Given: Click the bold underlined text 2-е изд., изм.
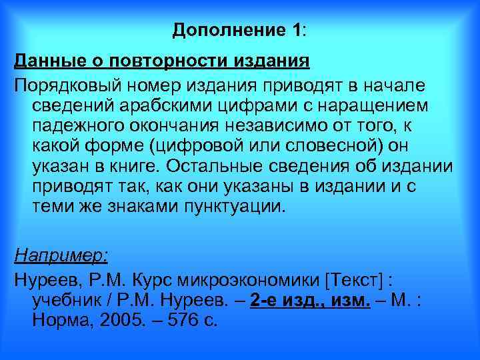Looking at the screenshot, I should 310,301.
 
